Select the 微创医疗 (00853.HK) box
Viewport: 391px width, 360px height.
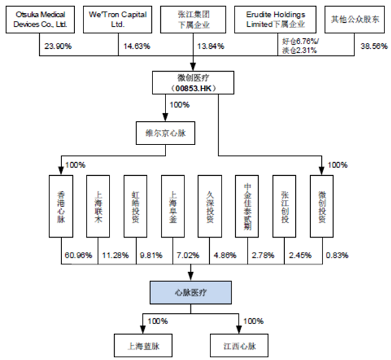pos(194,83)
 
